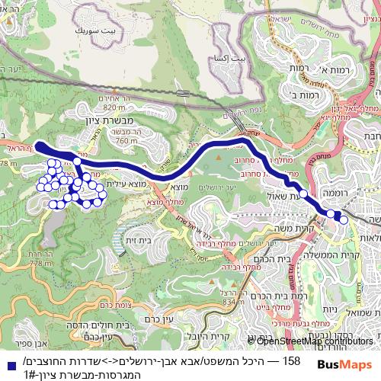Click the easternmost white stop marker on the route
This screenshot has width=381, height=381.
pyautogui.click(x=344, y=220)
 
